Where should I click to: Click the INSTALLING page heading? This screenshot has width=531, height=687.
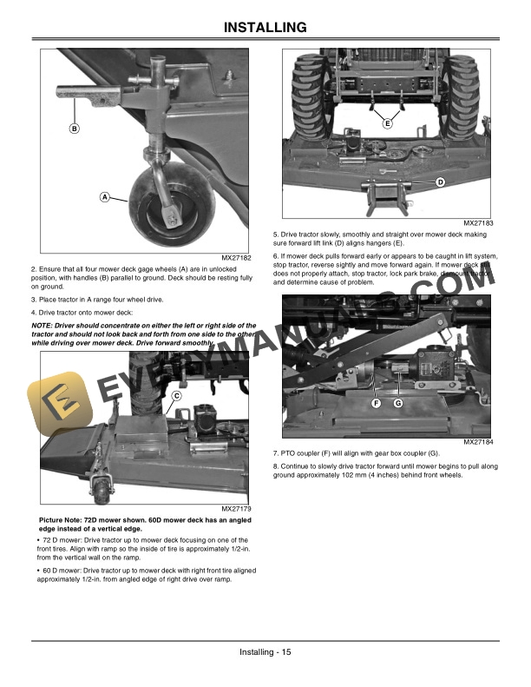tap(265, 30)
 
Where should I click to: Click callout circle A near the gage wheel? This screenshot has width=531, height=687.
tap(104, 197)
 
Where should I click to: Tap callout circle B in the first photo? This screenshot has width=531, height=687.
tap(75, 129)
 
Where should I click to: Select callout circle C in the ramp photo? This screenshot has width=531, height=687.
tap(176, 396)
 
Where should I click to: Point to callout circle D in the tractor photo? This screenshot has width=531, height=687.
tap(440, 182)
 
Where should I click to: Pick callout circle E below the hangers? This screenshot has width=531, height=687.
tap(387, 124)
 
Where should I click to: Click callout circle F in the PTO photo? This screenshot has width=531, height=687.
tap(377, 404)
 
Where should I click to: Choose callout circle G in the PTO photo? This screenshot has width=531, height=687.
tap(397, 404)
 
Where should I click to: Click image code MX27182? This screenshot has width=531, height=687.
tap(235, 258)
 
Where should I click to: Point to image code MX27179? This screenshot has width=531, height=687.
tap(235, 509)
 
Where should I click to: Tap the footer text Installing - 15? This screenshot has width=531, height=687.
tap(265, 652)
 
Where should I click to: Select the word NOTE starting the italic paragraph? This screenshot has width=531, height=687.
tap(42, 325)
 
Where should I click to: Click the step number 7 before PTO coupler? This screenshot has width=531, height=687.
tap(275, 454)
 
